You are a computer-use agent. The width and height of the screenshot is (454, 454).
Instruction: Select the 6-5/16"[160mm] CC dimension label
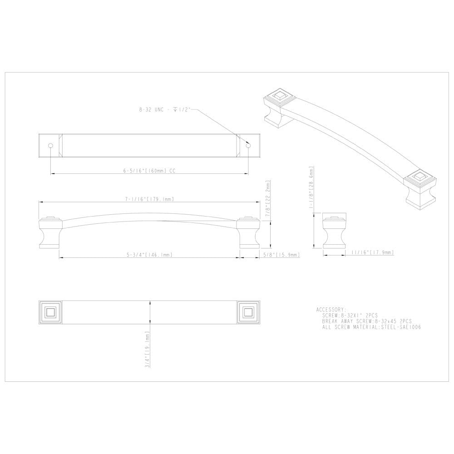(149, 171)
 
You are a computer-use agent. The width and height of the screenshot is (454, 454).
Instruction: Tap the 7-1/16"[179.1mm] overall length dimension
(150, 199)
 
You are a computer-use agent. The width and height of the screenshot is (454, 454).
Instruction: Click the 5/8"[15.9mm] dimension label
(281, 255)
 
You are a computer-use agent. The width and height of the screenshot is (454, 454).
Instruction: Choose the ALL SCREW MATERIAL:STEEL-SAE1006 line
(369, 327)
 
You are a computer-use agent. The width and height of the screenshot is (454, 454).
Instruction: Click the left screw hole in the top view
(50, 145)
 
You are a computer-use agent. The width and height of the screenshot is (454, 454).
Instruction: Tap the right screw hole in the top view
(248, 145)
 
